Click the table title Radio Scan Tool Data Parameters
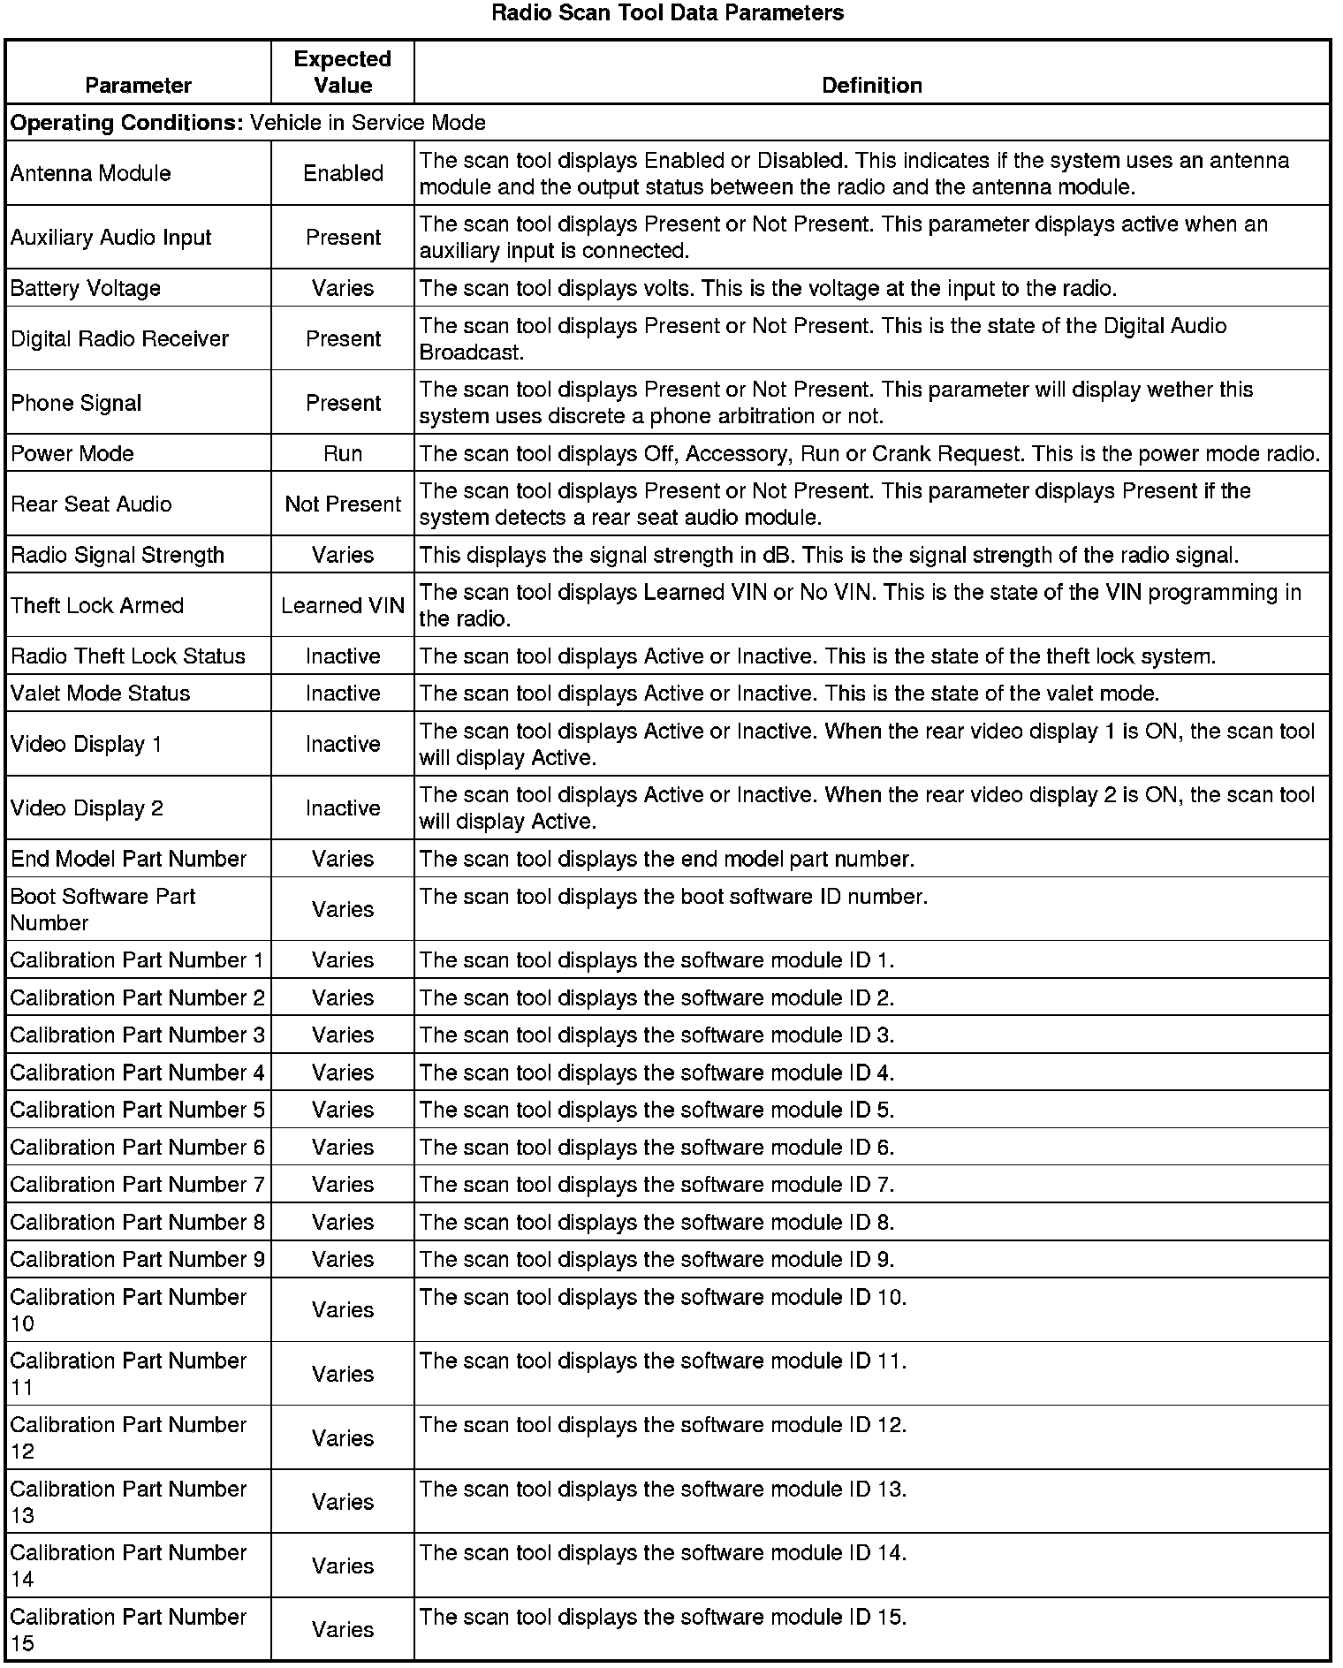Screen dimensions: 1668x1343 click(667, 13)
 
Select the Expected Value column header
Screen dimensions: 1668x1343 click(343, 72)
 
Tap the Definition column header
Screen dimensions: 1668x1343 click(871, 85)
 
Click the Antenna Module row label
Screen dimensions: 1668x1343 click(91, 173)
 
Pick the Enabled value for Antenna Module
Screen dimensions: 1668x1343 click(343, 173)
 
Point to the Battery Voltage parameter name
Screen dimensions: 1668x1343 click(86, 288)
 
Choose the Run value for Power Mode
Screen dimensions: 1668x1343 click(343, 453)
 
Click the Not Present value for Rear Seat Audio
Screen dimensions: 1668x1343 click(343, 504)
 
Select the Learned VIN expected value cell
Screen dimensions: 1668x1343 click(343, 605)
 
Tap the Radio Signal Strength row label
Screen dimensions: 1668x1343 click(118, 555)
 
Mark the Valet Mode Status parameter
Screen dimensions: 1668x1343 click(101, 693)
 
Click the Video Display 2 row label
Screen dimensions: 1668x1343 click(87, 808)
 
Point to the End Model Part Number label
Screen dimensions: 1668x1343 click(128, 859)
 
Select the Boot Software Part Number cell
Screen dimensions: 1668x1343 click(102, 909)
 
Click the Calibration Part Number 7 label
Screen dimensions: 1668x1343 click(137, 1184)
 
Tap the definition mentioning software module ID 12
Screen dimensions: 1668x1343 click(663, 1425)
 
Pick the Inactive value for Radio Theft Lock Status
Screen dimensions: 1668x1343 click(343, 656)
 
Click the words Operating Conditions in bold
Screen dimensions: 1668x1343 click(126, 122)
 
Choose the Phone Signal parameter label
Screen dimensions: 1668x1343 click(76, 403)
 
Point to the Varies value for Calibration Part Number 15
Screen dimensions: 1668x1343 click(343, 1629)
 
